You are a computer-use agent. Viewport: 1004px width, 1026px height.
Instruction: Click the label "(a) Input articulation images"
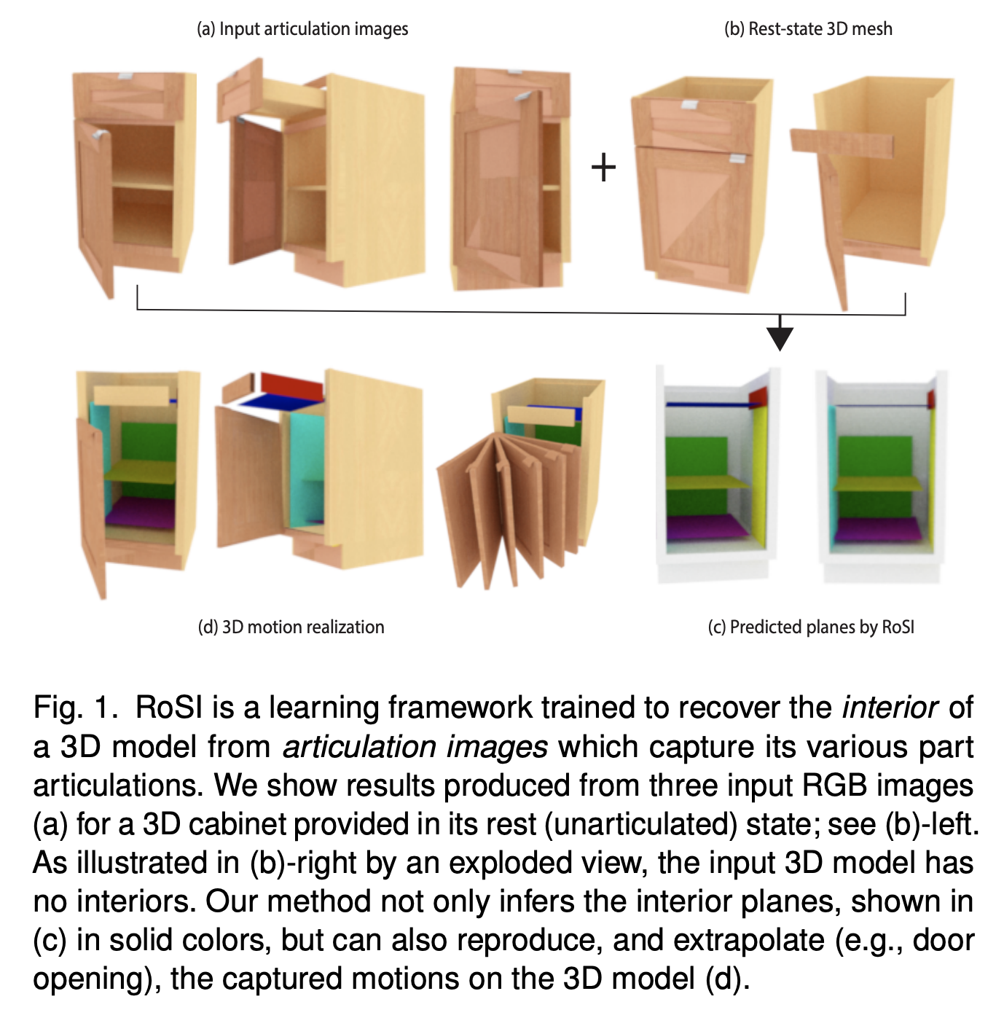(x=302, y=29)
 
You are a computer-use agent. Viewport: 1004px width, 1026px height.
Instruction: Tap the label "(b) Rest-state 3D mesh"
(x=808, y=29)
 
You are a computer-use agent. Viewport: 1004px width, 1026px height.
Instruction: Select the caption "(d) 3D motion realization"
(x=291, y=627)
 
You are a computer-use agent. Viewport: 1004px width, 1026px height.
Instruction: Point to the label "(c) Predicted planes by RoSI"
(x=811, y=627)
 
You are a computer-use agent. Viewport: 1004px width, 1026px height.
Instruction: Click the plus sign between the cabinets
(x=603, y=168)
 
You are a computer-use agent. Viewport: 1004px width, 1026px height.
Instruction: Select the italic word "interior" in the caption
(x=890, y=708)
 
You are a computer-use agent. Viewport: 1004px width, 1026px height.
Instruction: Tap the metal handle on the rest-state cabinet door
(x=740, y=158)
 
